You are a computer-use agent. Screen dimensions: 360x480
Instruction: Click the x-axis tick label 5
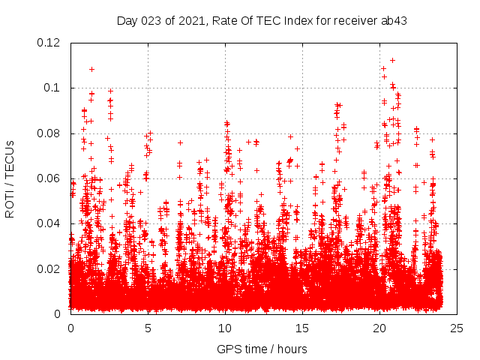point(148,328)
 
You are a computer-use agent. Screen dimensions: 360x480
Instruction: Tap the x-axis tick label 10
point(225,328)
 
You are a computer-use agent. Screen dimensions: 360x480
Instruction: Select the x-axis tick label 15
point(302,328)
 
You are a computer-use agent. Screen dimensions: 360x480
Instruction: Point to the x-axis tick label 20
point(379,328)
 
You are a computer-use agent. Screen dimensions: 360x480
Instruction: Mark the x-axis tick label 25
point(457,328)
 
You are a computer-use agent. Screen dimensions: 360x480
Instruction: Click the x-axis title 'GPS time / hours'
point(262,349)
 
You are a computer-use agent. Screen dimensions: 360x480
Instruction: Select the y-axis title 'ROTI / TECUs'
point(10,178)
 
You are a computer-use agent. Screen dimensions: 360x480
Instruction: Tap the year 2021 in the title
point(191,20)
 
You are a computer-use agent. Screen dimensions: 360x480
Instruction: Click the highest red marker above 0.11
point(392,60)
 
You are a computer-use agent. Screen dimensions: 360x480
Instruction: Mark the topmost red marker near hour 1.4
point(91,69)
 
